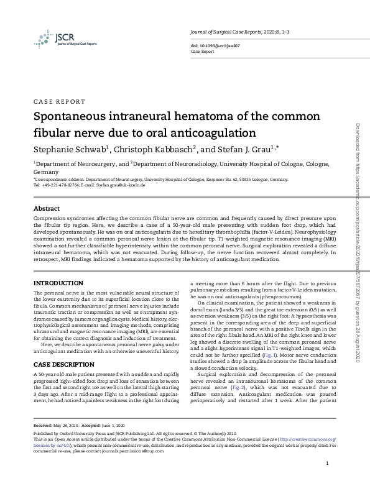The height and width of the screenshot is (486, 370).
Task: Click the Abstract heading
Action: point(46,208)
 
